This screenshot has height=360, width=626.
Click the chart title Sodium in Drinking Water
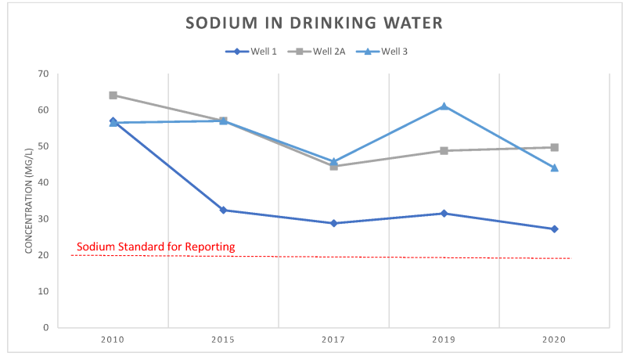314,23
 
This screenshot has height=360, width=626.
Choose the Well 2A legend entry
320,52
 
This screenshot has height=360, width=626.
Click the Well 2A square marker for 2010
113,95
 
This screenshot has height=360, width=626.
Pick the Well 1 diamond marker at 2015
223,210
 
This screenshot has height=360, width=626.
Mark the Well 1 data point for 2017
333,223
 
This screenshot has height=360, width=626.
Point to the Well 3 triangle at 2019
444,106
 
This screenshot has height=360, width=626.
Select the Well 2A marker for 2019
444,150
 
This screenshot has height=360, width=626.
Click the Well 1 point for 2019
444,213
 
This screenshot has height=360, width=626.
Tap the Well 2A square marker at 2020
554,147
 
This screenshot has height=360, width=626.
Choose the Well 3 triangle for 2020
554,167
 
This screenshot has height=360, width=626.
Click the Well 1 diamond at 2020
554,229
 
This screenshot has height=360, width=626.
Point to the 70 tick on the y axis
42,74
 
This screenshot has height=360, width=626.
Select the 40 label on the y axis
42,182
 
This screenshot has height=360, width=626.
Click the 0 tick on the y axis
45,327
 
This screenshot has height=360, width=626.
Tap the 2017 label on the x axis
333,340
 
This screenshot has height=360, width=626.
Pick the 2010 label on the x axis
113,340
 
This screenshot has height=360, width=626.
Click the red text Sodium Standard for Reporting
156,247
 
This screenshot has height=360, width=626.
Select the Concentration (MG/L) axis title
29,200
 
